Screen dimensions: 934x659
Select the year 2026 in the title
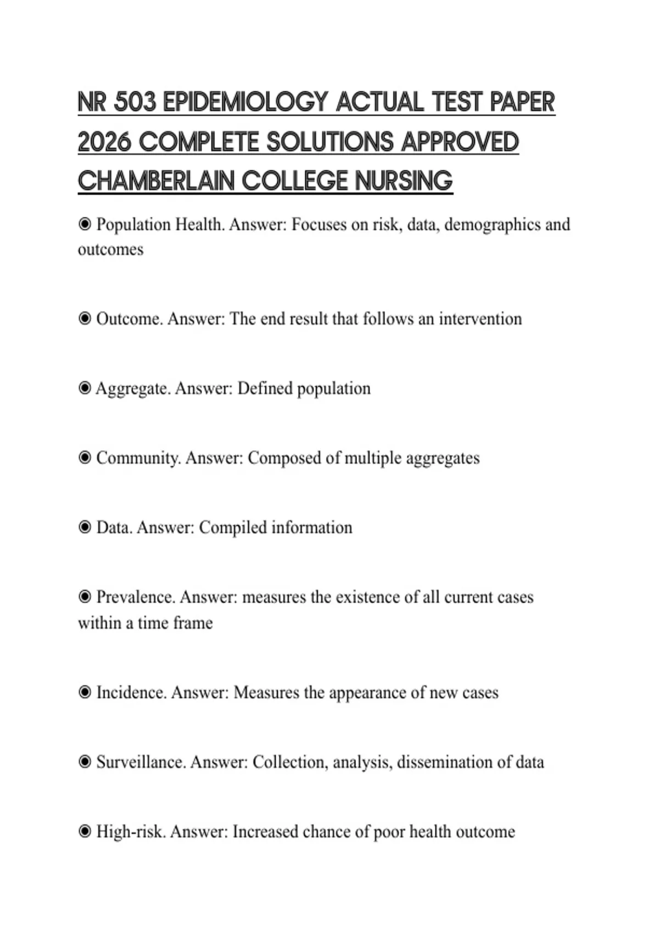pos(104,142)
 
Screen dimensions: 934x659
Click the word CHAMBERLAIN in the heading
pos(155,181)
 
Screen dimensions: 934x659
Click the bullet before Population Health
pos(85,224)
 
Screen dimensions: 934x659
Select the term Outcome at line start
pos(129,319)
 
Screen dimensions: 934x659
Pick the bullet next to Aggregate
pos(85,388)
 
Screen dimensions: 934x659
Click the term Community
pos(138,458)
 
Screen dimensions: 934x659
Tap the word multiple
pos(373,458)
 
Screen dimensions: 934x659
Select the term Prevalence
pos(136,597)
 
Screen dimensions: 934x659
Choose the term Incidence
pos(131,692)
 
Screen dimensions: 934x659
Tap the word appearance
pos(373,692)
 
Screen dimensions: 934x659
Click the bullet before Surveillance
pos(85,762)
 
